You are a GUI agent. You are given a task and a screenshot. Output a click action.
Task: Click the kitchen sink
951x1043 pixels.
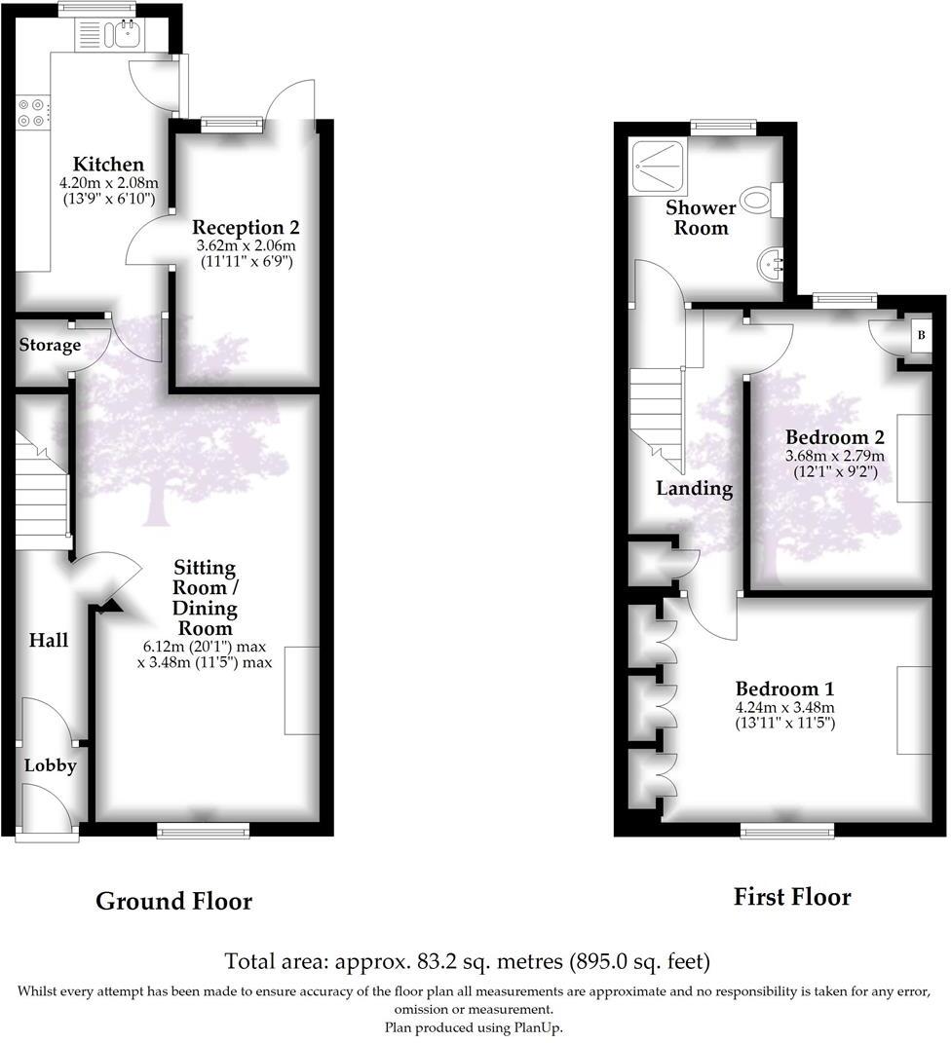click(x=124, y=35)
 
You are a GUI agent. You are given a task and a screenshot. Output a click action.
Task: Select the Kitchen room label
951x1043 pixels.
click(x=109, y=165)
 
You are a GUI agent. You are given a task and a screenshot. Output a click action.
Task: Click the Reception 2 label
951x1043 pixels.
click(x=246, y=228)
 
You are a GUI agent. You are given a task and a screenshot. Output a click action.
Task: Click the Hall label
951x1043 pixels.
click(x=48, y=640)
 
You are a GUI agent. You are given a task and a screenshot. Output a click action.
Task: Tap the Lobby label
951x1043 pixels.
click(x=50, y=765)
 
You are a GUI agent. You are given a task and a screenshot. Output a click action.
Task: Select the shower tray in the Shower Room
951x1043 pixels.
click(x=659, y=166)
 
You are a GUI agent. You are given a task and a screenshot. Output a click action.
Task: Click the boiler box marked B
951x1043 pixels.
click(x=921, y=337)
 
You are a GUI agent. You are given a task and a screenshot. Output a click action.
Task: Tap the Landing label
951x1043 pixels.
click(x=694, y=488)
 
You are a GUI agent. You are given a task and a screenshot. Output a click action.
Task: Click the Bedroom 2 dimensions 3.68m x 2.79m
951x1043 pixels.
click(x=835, y=456)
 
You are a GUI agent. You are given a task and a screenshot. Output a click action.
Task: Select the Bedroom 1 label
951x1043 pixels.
click(x=785, y=688)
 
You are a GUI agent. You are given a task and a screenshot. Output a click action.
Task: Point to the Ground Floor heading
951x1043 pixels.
click(x=173, y=902)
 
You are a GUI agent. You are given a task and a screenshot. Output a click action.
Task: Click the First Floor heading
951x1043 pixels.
click(x=792, y=897)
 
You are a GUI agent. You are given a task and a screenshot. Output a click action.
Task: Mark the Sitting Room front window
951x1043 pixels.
click(x=204, y=829)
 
